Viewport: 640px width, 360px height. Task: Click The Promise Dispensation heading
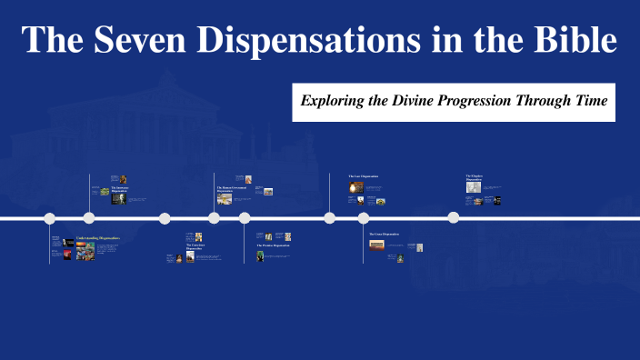272,245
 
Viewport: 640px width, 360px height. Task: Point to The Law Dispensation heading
363,175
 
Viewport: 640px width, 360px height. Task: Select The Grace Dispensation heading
384,234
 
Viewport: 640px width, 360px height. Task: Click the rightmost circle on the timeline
453,217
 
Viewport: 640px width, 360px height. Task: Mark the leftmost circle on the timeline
50,218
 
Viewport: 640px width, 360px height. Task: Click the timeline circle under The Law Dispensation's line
329,217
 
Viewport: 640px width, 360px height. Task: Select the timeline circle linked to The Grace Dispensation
363,218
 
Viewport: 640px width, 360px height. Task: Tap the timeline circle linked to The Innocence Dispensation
89,217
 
